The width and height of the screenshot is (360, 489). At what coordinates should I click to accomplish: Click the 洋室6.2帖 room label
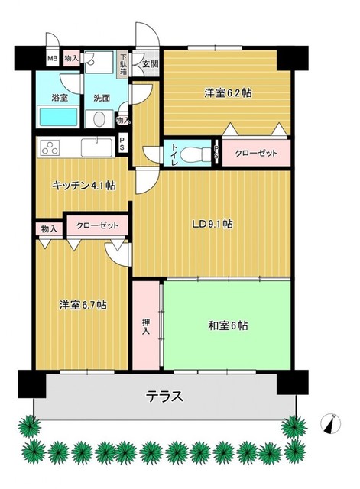click(228, 93)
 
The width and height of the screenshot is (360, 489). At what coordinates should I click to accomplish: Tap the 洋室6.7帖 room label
click(83, 305)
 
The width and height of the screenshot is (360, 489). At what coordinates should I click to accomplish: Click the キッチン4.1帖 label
click(83, 186)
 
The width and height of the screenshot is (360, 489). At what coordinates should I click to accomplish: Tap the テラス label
click(166, 397)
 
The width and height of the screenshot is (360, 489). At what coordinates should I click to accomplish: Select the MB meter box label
click(53, 58)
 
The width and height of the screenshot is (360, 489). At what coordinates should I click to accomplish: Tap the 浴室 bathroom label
click(60, 99)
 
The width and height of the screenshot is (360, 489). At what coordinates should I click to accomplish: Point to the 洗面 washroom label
click(102, 99)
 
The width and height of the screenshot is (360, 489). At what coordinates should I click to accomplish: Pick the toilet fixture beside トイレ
click(198, 152)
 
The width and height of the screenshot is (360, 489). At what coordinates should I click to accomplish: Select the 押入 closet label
click(146, 324)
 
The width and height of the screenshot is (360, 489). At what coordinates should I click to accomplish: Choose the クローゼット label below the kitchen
click(97, 226)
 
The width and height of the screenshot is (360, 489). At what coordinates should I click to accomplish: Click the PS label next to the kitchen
click(124, 144)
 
